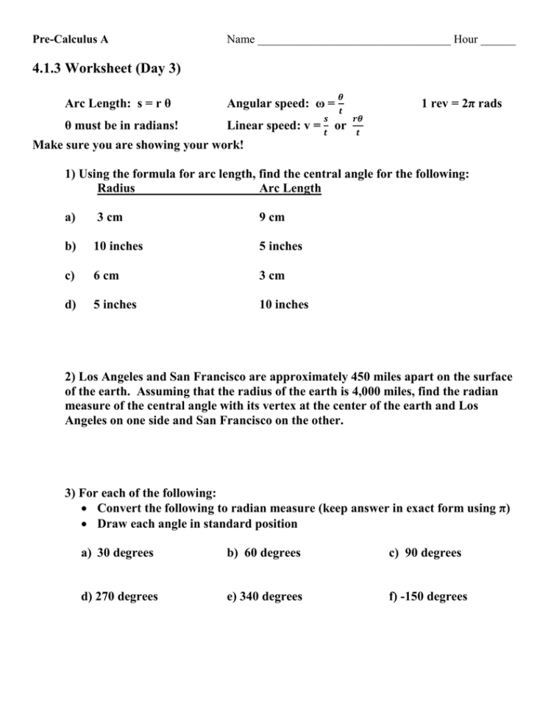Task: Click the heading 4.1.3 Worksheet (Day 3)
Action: click(x=107, y=69)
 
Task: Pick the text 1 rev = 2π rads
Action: click(x=461, y=104)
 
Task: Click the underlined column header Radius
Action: click(x=115, y=188)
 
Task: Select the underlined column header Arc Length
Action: click(x=290, y=188)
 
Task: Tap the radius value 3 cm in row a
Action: click(x=110, y=217)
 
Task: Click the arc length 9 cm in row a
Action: click(x=271, y=217)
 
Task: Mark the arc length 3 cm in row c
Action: click(x=271, y=276)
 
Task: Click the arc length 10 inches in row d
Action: click(x=283, y=305)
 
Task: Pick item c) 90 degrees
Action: click(x=425, y=553)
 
